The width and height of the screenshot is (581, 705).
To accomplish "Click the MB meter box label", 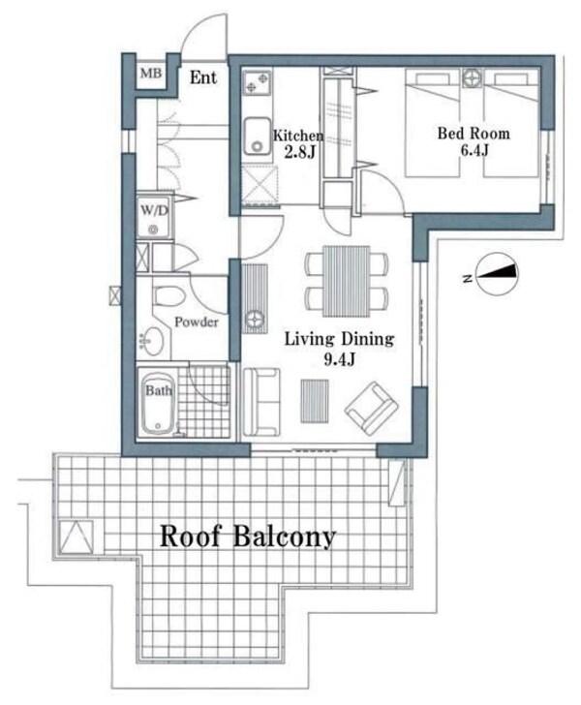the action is tap(151, 73).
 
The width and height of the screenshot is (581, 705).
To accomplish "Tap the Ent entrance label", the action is tap(203, 77).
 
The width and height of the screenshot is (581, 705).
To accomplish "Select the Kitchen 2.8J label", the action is tap(298, 143).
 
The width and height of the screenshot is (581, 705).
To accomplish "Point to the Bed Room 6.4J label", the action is tap(474, 141).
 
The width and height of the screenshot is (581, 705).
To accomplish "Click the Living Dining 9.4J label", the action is tap(339, 348).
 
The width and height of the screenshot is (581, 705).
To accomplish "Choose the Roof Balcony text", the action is tap(248, 536).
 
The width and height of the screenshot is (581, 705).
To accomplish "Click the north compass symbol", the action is tap(497, 274).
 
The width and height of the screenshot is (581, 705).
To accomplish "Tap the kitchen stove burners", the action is tap(258, 82).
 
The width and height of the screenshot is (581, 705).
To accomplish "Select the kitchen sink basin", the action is tap(258, 136).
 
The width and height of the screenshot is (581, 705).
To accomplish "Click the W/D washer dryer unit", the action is tap(153, 217).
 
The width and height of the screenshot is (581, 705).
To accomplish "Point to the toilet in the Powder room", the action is tap(168, 296).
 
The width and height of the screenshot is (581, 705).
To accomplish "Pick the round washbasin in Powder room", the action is tap(152, 340).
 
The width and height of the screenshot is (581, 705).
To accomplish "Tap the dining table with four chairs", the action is tap(347, 281).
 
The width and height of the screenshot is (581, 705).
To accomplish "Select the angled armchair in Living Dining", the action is tap(372, 409).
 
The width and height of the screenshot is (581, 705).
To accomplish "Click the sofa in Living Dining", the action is tap(261, 402).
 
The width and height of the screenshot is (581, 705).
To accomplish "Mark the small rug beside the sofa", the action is tap(315, 401).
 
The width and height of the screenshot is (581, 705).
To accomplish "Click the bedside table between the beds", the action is tap(473, 77).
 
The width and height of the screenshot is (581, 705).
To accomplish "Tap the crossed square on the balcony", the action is tap(76, 536).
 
